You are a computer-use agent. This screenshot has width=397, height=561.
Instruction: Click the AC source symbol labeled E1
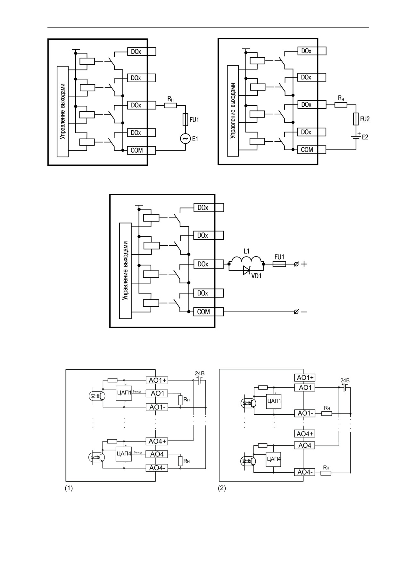click(x=185, y=139)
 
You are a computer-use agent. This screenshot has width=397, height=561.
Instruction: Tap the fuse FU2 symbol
click(x=356, y=118)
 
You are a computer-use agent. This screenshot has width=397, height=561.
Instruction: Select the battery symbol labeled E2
click(x=356, y=136)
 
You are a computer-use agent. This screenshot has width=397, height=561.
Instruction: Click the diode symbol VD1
click(x=246, y=271)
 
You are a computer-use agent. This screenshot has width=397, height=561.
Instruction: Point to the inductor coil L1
click(x=246, y=260)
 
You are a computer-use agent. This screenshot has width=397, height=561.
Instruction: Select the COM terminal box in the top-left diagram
click(x=141, y=150)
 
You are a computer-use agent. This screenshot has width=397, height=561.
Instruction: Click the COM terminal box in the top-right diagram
click(x=312, y=150)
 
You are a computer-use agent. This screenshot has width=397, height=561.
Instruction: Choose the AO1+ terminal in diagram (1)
click(x=157, y=380)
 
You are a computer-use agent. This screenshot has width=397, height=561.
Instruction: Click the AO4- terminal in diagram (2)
click(x=304, y=472)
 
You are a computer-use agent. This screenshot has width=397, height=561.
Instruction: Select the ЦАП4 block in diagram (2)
click(x=274, y=459)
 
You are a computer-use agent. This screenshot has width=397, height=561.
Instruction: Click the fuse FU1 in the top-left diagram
click(x=185, y=119)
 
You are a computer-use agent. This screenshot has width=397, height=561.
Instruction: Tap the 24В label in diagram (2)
click(x=345, y=380)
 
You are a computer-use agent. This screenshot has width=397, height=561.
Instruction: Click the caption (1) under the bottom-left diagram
click(x=69, y=489)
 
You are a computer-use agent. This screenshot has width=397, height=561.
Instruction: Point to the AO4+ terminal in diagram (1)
click(x=157, y=441)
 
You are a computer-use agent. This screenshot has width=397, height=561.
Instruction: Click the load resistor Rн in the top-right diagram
click(x=341, y=104)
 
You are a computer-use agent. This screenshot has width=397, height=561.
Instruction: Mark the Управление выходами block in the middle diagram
click(x=125, y=271)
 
